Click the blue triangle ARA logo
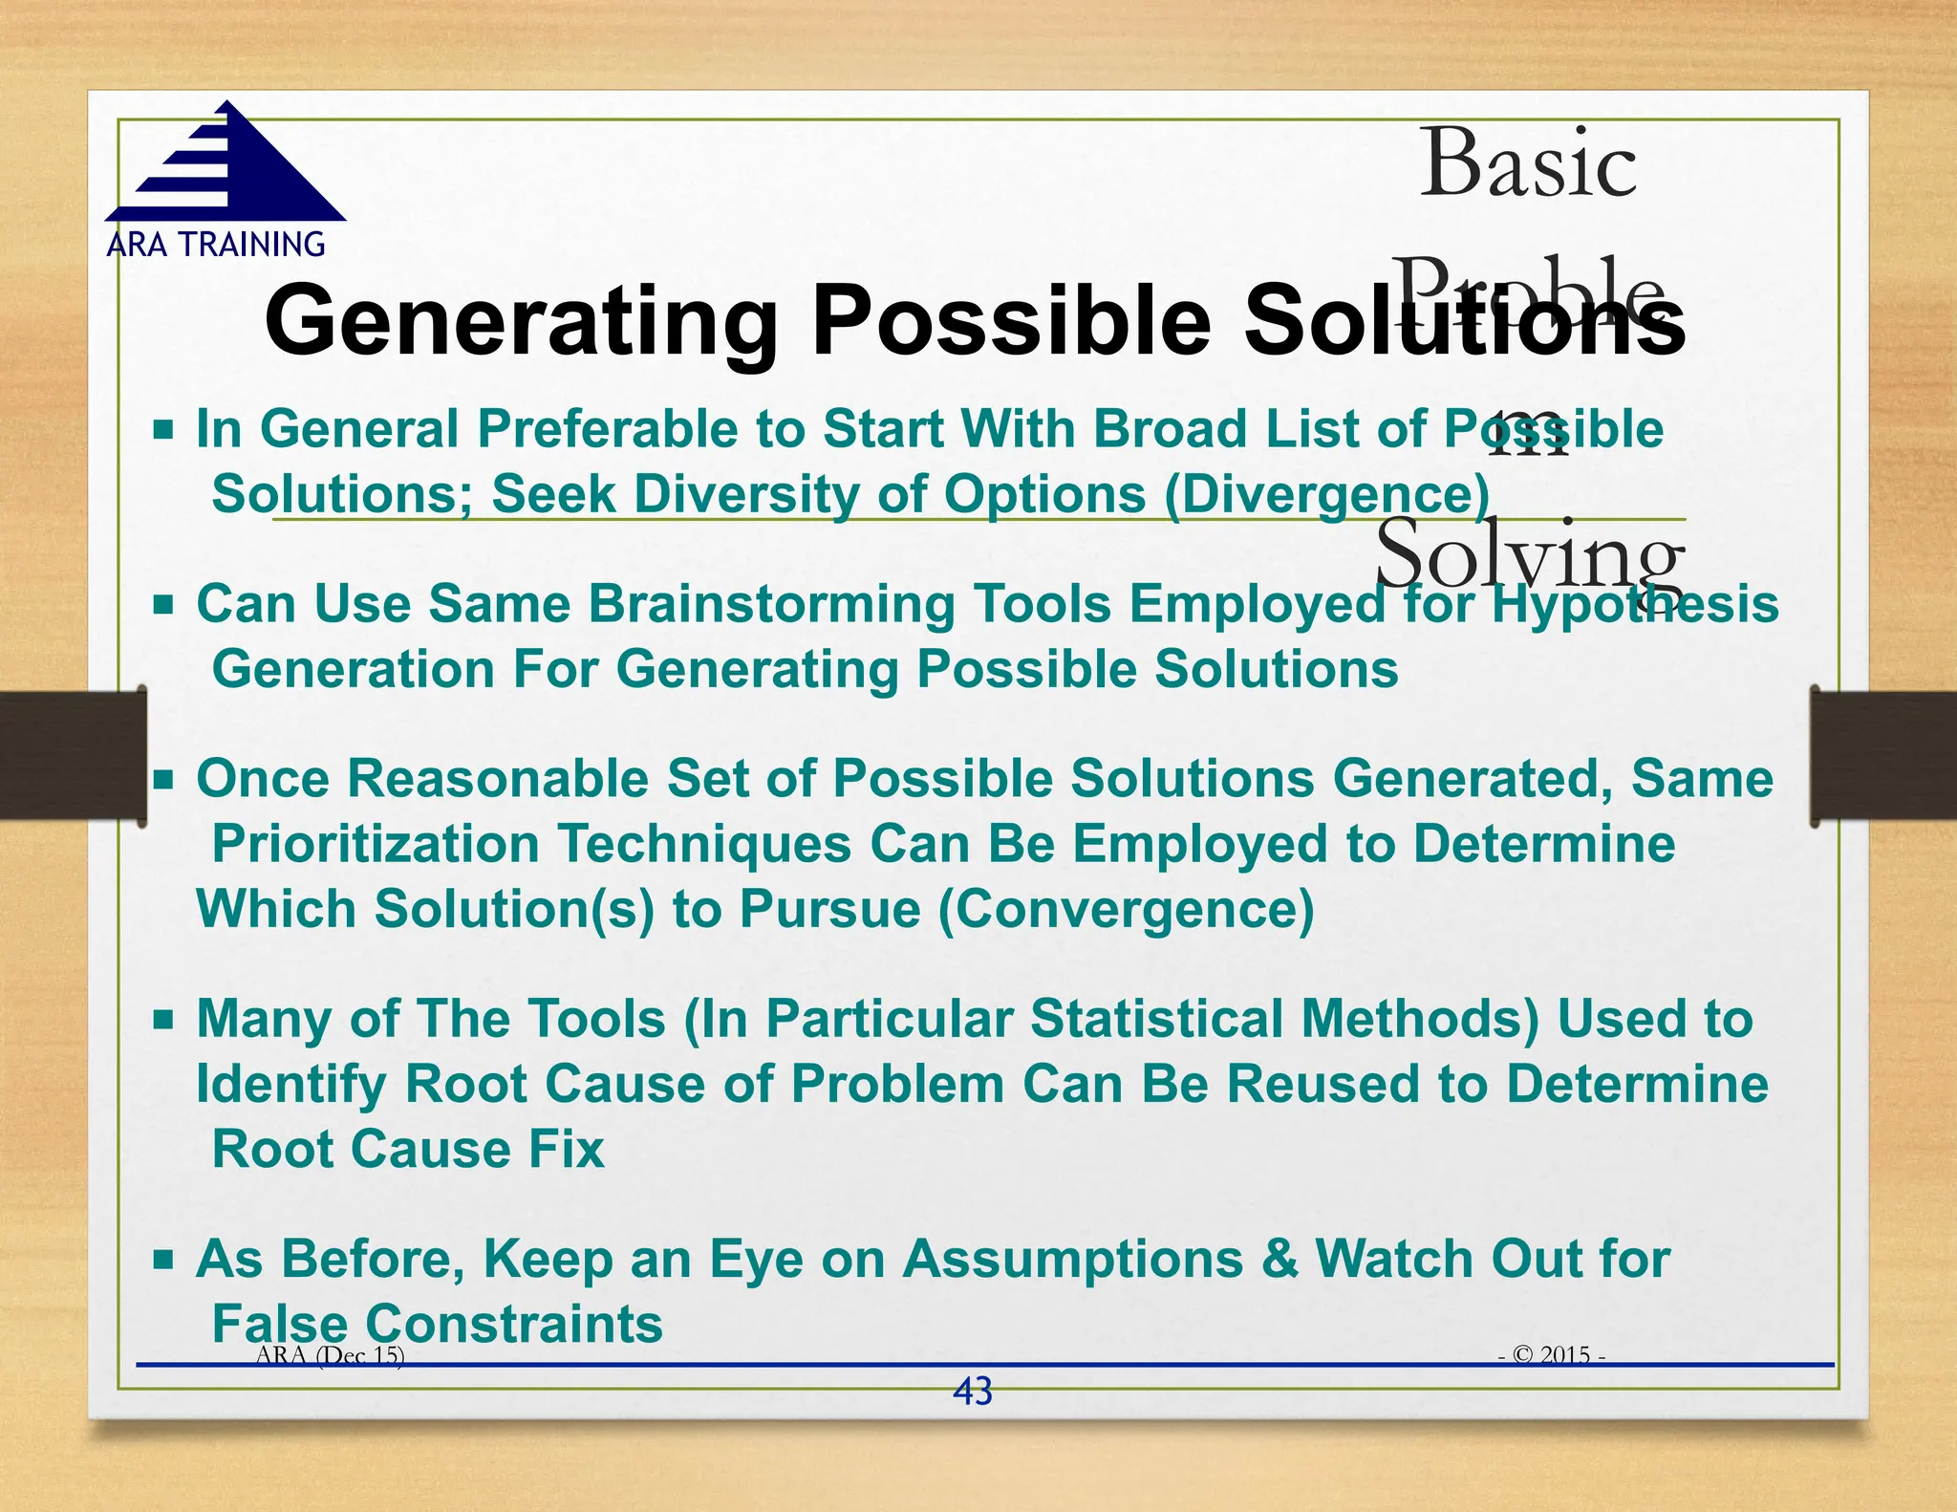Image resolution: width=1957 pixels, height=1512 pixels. point(226,167)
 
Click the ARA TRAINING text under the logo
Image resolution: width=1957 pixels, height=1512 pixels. point(216,245)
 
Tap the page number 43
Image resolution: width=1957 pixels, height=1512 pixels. point(973,1392)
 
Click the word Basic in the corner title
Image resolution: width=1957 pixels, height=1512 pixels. point(1527,164)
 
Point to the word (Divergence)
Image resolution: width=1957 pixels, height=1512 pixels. point(1326,494)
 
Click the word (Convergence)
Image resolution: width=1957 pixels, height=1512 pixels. point(1127,908)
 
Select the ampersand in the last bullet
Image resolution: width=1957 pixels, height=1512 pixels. point(1280,1259)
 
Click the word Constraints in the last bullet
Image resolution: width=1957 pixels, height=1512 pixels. point(514,1324)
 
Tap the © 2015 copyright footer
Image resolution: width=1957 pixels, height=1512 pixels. point(1551,1354)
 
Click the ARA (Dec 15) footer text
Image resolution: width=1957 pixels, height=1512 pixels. point(330,1354)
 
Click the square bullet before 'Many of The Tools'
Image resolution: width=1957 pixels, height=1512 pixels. point(163,1019)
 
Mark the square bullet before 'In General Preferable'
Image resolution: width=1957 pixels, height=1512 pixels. point(163,429)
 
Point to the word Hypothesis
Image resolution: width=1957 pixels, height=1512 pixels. point(1635,604)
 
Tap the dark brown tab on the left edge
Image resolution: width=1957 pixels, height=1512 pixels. point(73,755)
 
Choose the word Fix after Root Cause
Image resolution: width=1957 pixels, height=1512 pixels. point(567,1149)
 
